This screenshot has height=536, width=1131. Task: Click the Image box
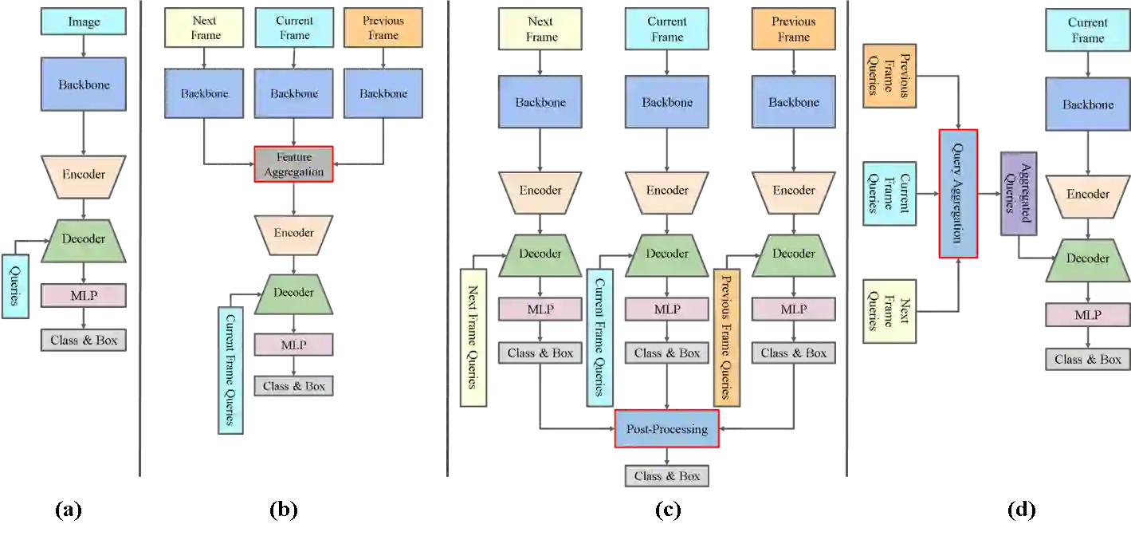(84, 22)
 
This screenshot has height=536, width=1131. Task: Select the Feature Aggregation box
(294, 165)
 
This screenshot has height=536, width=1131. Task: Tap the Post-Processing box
(666, 430)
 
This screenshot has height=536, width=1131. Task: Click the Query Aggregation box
(959, 194)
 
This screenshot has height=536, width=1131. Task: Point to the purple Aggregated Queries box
(1018, 194)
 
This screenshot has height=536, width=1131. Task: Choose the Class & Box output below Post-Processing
(666, 476)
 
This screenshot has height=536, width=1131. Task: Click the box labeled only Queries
(15, 286)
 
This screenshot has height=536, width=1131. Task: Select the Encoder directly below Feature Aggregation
(294, 233)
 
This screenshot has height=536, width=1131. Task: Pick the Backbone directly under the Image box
(84, 85)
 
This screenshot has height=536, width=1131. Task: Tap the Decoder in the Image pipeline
(84, 238)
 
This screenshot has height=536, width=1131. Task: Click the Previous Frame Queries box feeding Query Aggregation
(889, 77)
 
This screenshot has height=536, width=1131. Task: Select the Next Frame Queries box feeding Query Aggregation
(889, 310)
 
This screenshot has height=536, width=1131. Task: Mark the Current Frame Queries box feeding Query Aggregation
(889, 193)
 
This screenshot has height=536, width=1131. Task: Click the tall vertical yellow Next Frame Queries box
(473, 337)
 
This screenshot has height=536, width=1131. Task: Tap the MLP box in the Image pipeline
(84, 296)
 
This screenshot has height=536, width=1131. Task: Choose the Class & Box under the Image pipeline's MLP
(84, 341)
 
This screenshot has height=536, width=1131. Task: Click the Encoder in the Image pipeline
(84, 174)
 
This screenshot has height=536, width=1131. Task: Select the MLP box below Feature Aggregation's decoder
(294, 345)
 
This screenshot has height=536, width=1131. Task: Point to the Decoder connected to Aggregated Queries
(1087, 258)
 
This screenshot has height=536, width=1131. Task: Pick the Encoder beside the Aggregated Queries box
(1087, 194)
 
